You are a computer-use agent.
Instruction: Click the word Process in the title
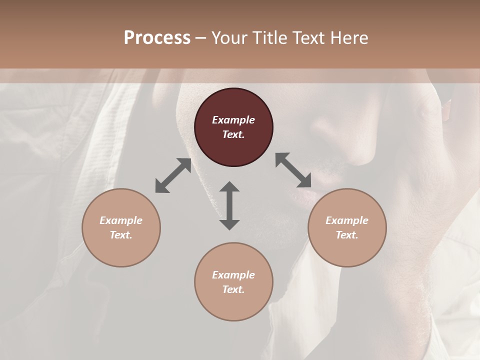(157, 38)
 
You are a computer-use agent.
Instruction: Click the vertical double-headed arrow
(229, 205)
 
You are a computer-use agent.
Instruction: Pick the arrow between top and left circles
(173, 175)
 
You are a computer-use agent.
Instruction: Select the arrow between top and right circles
(293, 170)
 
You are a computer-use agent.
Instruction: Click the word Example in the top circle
(233, 120)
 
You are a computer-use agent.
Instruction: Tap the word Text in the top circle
(233, 134)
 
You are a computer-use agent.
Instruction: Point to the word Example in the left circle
(121, 220)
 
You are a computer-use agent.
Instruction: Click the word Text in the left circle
(121, 235)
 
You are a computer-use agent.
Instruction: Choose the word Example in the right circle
(347, 220)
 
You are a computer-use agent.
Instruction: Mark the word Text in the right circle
(347, 235)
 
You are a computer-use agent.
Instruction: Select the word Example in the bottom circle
(233, 275)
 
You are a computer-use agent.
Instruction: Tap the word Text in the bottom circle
(233, 289)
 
